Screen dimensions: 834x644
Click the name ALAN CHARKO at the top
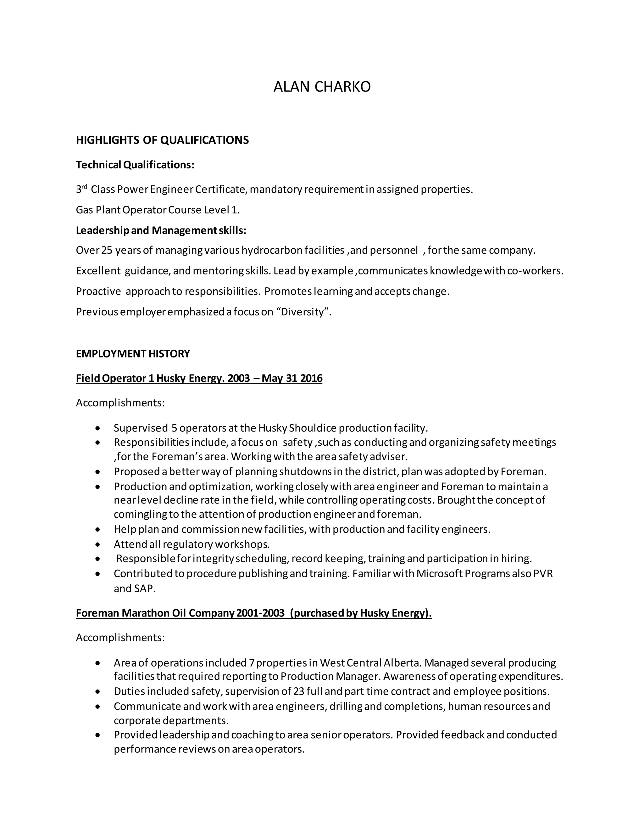pos(322,87)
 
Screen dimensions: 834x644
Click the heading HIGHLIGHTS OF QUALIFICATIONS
pos(162,140)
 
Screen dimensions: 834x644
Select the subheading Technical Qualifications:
pos(135,165)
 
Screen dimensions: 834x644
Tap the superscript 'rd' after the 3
pos(85,187)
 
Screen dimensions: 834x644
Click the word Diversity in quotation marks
pos(303,312)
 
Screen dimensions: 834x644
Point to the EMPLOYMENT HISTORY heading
pos(133,354)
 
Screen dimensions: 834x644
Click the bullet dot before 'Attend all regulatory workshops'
pos(98,544)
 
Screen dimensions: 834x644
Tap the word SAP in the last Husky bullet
pos(145,589)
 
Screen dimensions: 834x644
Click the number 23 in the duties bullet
pos(298,691)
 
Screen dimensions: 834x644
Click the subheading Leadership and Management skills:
pos(161,231)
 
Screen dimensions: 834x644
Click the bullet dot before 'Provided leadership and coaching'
pos(98,735)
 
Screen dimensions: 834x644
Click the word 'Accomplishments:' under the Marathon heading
pos(120,638)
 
